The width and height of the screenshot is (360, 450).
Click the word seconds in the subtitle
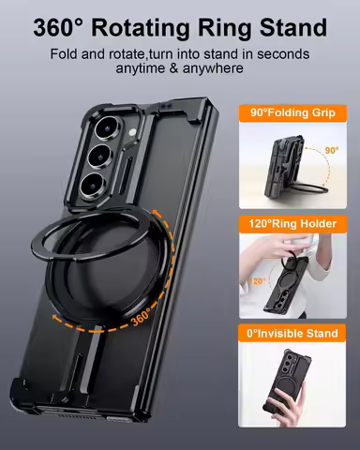point(278,53)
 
